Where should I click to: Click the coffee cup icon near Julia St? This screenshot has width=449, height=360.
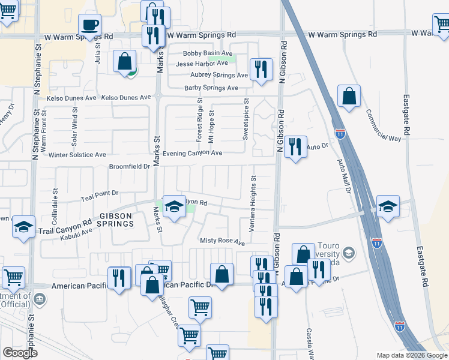89,25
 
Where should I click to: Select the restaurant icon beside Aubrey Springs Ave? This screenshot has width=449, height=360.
261,69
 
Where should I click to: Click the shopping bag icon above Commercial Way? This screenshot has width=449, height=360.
349,96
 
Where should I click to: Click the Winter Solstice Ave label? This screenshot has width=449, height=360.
78,155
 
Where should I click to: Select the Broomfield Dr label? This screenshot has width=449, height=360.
128,166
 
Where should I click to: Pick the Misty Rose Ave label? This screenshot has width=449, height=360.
222,242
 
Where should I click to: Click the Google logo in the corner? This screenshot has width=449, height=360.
20,353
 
